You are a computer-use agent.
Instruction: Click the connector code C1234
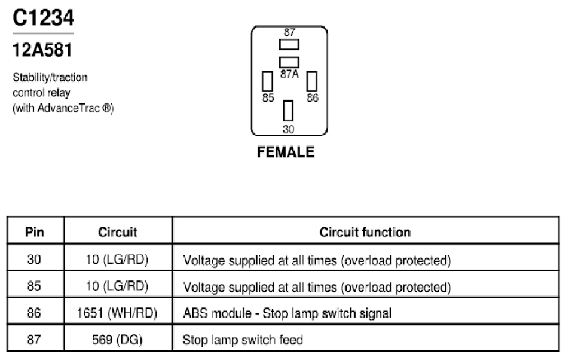click(43, 18)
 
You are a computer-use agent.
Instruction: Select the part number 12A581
click(42, 50)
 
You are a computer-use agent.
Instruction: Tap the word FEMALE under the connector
click(286, 152)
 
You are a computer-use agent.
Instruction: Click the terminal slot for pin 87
click(289, 45)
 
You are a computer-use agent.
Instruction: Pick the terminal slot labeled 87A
click(289, 62)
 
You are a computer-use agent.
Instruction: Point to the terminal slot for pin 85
click(267, 81)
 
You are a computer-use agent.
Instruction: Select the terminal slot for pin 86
click(312, 81)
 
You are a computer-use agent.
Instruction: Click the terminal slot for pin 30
click(288, 111)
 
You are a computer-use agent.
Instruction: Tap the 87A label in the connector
click(289, 74)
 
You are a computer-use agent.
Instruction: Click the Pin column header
click(35, 232)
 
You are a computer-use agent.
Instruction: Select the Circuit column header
click(118, 232)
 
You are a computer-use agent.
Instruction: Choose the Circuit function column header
click(365, 232)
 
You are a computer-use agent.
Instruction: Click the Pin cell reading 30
click(34, 260)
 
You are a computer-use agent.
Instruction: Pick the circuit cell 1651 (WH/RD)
click(117, 313)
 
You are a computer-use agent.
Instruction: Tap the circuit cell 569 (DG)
click(117, 340)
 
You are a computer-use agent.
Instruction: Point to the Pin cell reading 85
click(34, 286)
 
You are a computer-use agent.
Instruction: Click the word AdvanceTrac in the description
click(69, 108)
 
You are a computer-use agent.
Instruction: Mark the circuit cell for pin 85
click(117, 286)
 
